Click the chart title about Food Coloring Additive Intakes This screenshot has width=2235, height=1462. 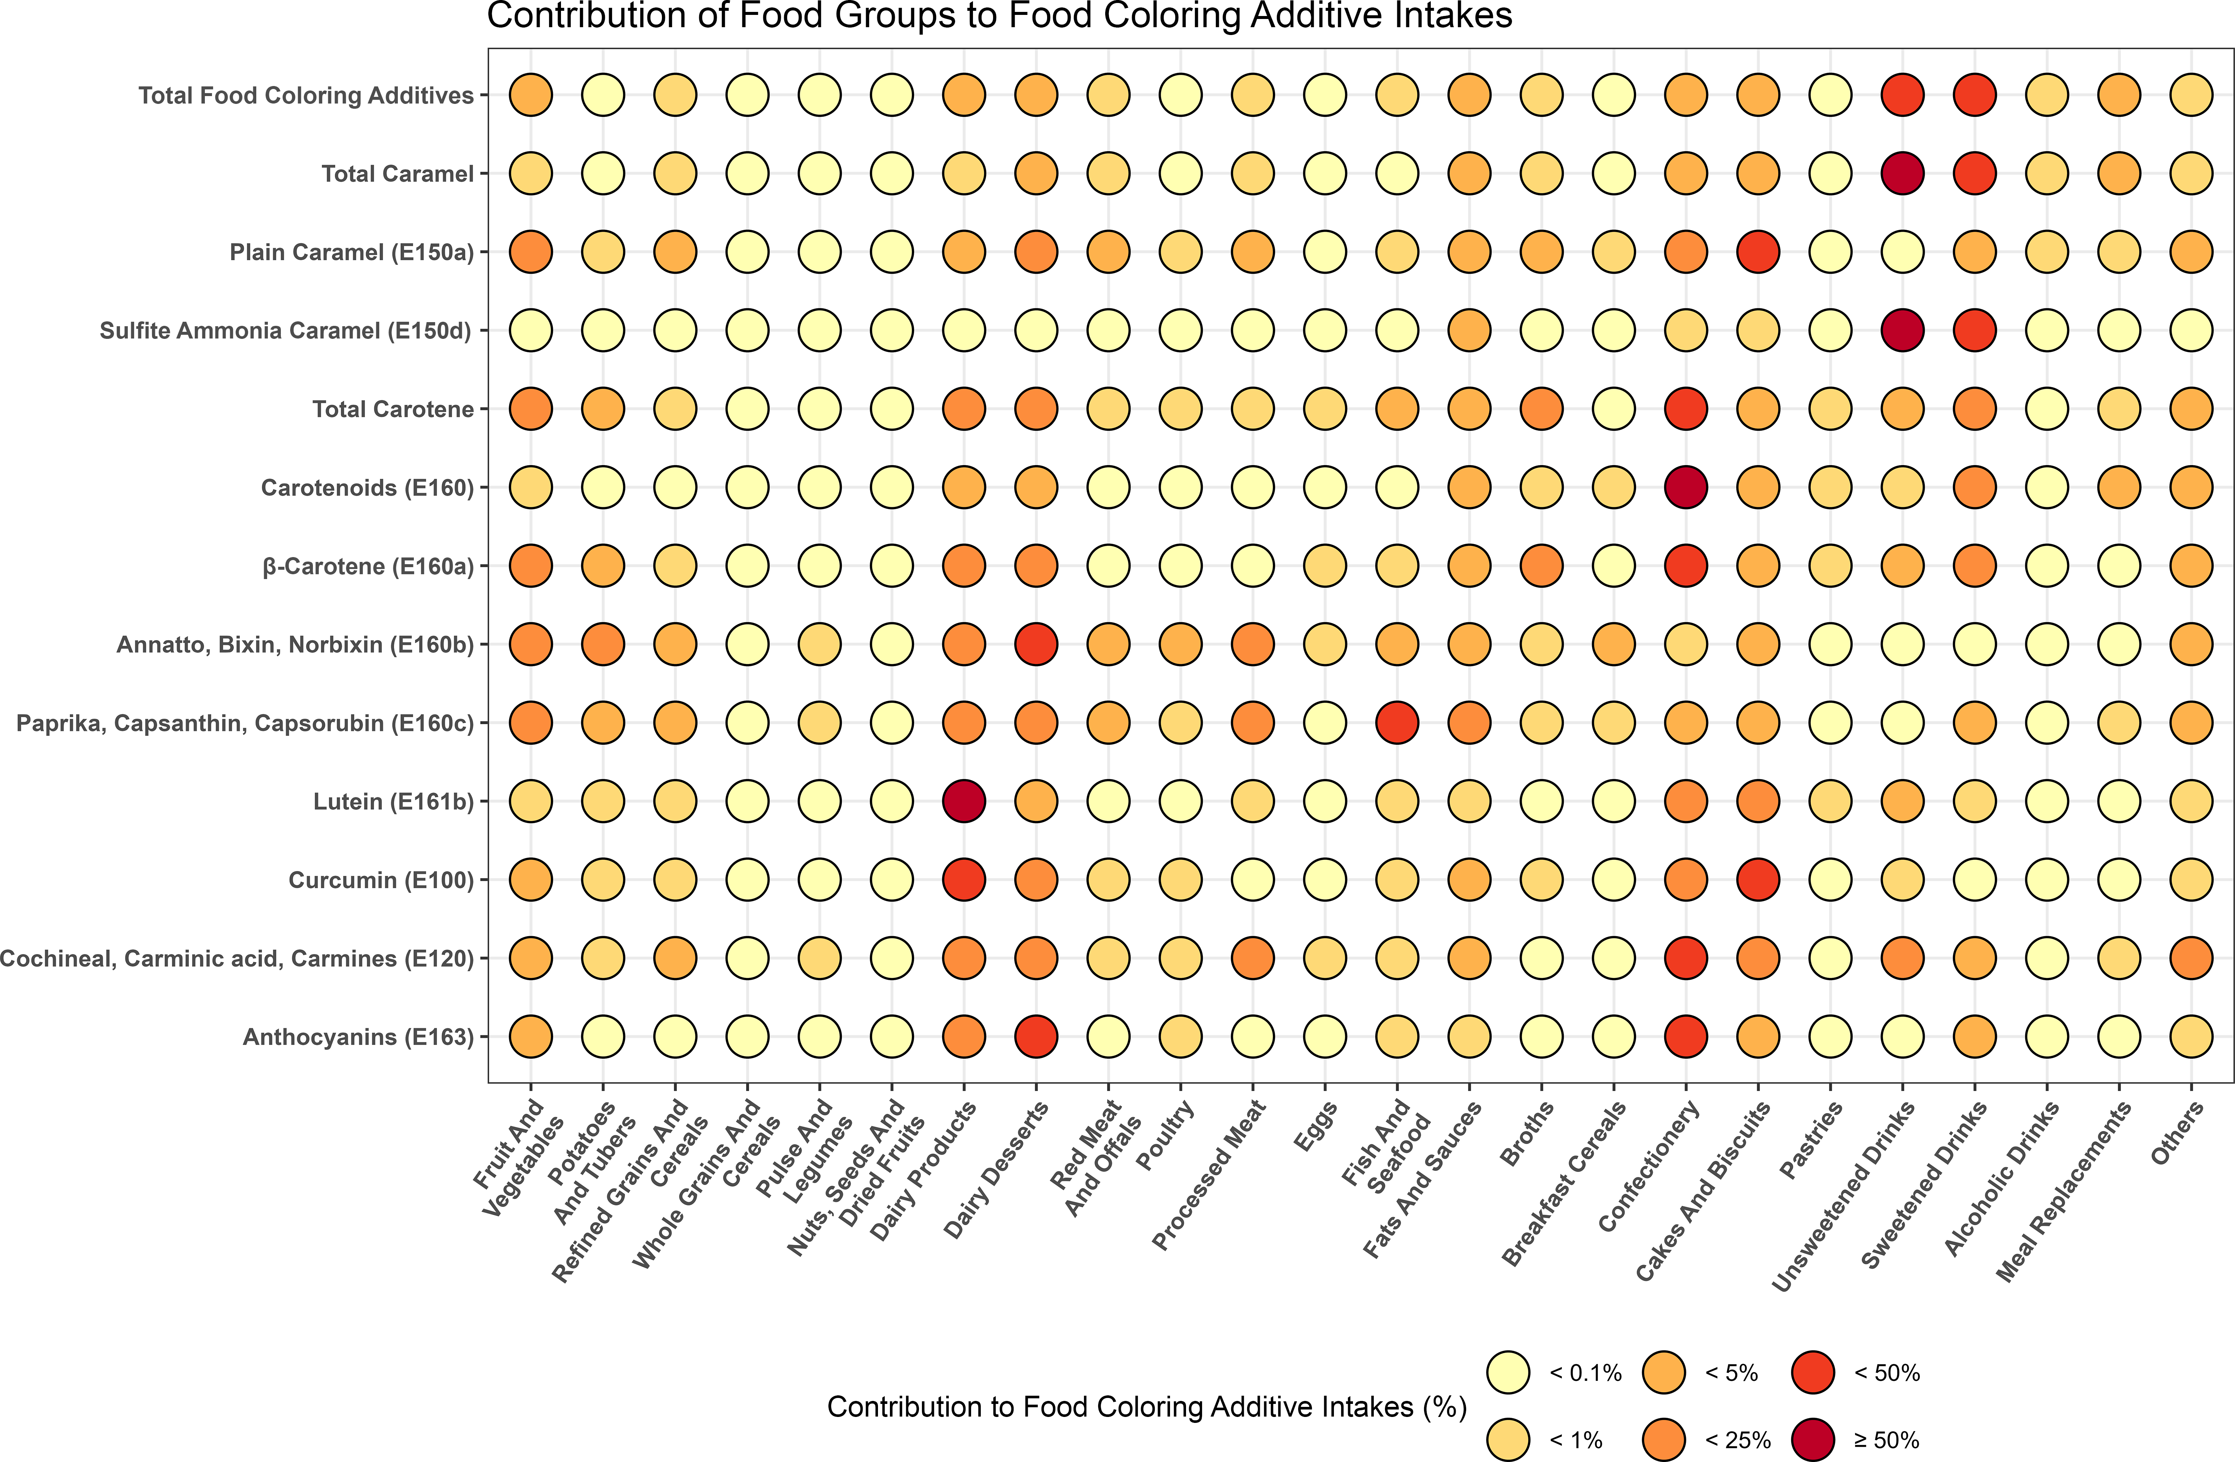tap(999, 16)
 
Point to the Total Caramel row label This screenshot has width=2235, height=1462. tap(397, 174)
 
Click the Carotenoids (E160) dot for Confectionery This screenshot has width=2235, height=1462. tap(1686, 487)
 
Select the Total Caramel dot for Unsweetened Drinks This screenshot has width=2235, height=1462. tap(1903, 174)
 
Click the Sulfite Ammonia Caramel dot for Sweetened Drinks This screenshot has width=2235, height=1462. tap(1975, 331)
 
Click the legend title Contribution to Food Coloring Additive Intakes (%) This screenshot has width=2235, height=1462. tap(1147, 1407)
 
